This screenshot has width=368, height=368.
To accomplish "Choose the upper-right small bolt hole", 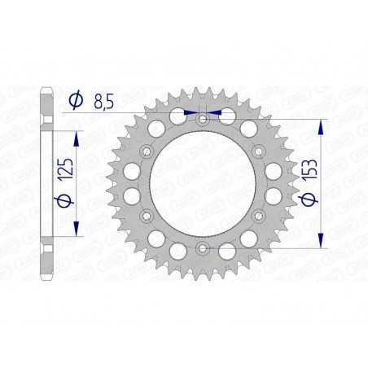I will tap(257, 151).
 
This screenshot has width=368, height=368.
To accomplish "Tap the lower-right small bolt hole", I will tap(257, 214).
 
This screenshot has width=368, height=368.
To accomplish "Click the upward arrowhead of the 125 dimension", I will tap(77, 134).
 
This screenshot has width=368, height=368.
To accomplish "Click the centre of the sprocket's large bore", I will tap(203, 182).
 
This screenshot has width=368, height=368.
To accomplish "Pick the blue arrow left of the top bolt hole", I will tap(189, 112).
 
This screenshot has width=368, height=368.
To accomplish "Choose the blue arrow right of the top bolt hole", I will tap(216, 112).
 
